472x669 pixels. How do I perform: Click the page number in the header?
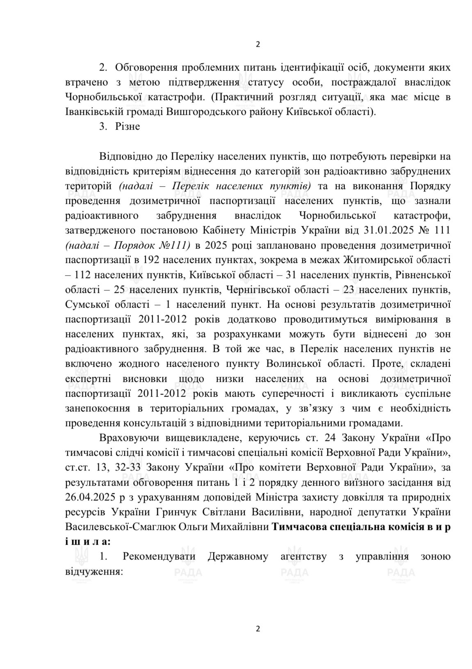click(258, 45)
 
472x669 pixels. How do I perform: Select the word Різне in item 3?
click(128, 126)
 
